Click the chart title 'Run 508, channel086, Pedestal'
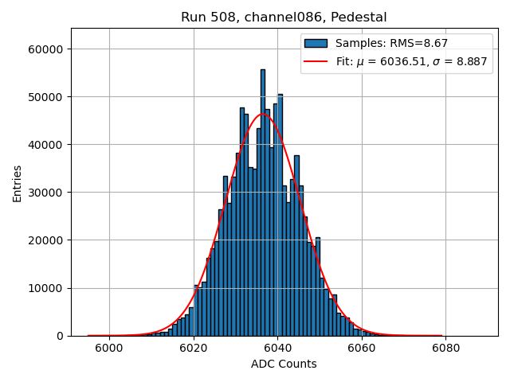tap(284, 17)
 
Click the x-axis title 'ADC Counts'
tap(284, 364)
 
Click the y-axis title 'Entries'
tap(18, 182)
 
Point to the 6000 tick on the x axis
tap(109, 348)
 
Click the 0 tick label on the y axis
tap(61, 336)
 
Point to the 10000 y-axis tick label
tap(48, 288)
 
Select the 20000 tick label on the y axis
tap(48, 240)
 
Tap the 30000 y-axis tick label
tap(48, 193)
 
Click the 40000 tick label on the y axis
tap(48, 145)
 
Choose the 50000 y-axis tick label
tap(48, 97)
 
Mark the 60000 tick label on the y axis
tap(48, 49)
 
